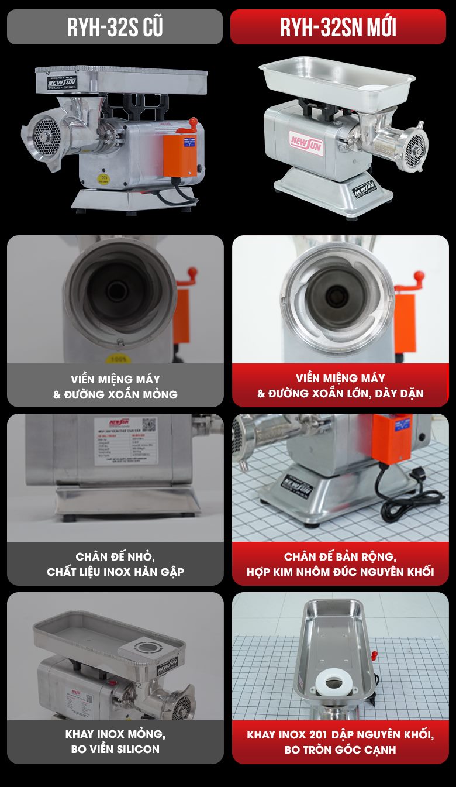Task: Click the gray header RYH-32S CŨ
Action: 115,28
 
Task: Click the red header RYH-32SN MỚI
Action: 338,28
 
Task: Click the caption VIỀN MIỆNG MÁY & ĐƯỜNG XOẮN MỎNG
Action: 115,387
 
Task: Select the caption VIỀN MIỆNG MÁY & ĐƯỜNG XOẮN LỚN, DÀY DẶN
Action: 340,386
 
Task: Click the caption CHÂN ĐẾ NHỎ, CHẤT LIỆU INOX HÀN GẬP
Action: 115,564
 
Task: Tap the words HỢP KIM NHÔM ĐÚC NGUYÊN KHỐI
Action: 340,572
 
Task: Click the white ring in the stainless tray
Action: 336,681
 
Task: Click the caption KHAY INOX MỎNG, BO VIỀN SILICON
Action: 115,741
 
